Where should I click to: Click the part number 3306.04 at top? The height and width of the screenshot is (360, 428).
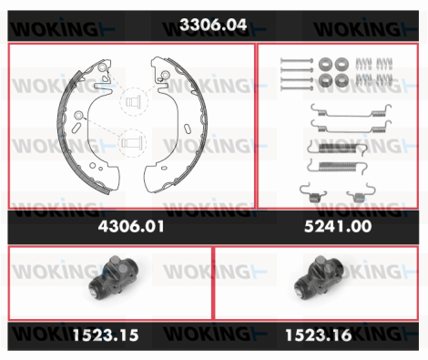(213, 25)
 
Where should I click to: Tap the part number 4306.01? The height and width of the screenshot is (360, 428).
(131, 226)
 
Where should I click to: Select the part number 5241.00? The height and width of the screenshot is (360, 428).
(338, 226)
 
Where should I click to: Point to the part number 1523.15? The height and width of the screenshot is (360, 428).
(106, 335)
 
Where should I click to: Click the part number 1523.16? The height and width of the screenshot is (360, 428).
(319, 335)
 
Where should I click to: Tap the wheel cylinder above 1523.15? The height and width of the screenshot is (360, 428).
(114, 277)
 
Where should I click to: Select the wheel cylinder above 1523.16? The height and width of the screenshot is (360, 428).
(319, 277)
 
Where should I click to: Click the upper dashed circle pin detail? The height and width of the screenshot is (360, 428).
(134, 101)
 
